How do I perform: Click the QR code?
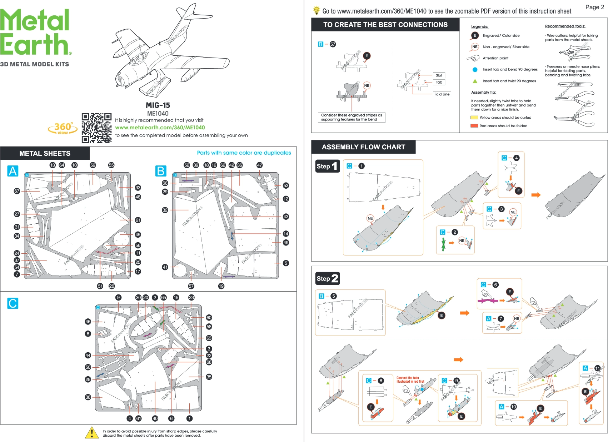[96, 128]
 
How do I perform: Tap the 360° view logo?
[63, 128]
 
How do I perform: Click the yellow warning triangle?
[92, 433]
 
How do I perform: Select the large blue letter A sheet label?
[13, 171]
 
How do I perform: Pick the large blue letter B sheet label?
[161, 171]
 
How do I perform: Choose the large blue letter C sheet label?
[13, 303]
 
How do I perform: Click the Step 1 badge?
[327, 166]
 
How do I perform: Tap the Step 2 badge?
[327, 278]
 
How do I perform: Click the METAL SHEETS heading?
[45, 153]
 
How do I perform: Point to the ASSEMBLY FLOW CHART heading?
[363, 147]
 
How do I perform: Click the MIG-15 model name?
[158, 105]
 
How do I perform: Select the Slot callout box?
[439, 75]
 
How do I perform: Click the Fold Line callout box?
[442, 94]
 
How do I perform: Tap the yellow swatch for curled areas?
[474, 118]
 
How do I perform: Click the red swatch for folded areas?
[474, 126]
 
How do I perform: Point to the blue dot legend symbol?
[475, 70]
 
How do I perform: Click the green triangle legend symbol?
[475, 81]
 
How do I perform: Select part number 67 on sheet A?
[17, 191]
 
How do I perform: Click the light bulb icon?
[316, 10]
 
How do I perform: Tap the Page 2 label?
[594, 7]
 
